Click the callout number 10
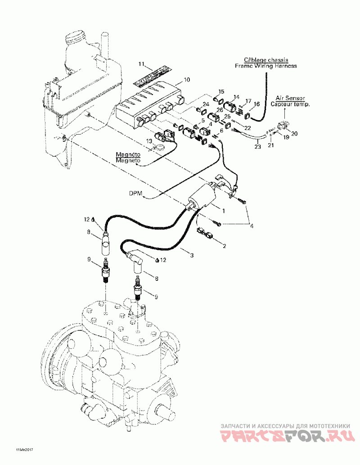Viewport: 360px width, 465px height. (186, 80)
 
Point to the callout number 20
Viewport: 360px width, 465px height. (294, 133)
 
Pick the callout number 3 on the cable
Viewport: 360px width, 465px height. (192, 255)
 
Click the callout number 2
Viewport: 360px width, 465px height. (224, 246)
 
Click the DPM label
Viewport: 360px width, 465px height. (135, 193)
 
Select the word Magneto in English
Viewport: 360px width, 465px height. (128, 161)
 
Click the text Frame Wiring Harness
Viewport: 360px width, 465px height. (266, 66)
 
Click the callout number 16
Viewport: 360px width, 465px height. (256, 104)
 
